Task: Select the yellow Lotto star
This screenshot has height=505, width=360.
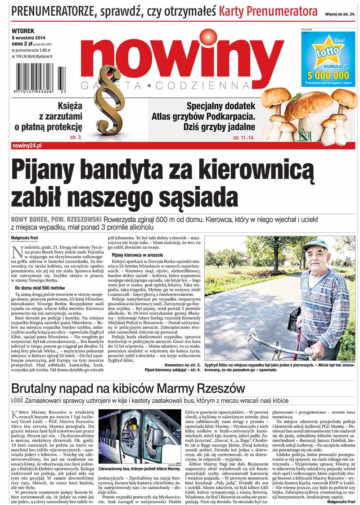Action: click(327, 52)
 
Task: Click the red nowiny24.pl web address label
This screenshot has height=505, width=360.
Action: click(27, 146)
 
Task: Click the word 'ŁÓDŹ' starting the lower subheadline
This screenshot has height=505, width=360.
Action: click(18, 400)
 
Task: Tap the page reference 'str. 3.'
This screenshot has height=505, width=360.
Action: click(76, 136)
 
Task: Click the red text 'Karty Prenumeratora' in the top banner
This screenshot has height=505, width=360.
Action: click(268, 11)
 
